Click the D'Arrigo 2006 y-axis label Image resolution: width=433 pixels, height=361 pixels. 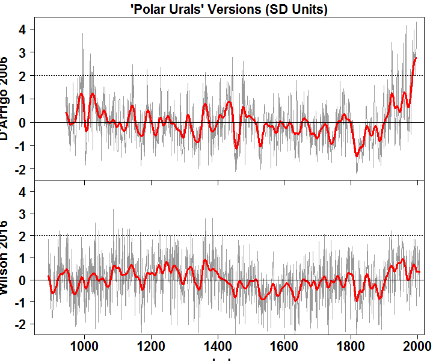5,99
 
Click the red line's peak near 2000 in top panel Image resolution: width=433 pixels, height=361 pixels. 416,58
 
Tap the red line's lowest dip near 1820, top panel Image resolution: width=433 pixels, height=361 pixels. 357,156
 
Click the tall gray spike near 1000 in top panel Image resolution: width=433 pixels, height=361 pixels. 82,34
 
